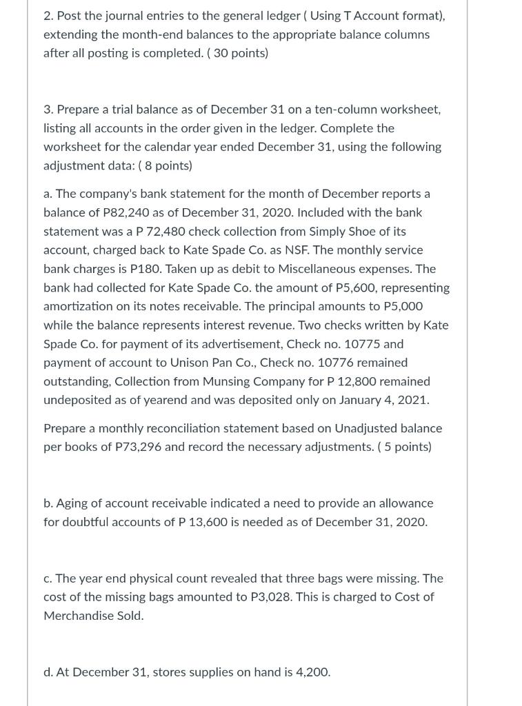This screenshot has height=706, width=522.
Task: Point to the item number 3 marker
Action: tap(48, 109)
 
